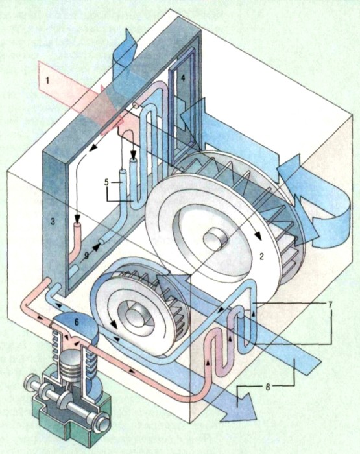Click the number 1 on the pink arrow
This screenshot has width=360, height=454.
(x=48, y=80)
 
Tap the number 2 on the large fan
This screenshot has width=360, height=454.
(x=261, y=256)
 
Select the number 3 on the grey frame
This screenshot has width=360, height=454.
(x=53, y=222)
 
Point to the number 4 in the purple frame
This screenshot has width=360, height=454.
(x=183, y=78)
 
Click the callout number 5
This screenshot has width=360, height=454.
(x=106, y=182)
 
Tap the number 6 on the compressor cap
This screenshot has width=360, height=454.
(x=77, y=322)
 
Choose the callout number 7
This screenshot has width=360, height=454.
(x=330, y=305)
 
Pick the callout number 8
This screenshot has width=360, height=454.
(x=268, y=387)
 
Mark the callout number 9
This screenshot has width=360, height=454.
(x=86, y=256)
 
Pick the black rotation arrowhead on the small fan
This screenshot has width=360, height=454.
(x=114, y=324)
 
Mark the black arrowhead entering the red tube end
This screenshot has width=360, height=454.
(x=77, y=218)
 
